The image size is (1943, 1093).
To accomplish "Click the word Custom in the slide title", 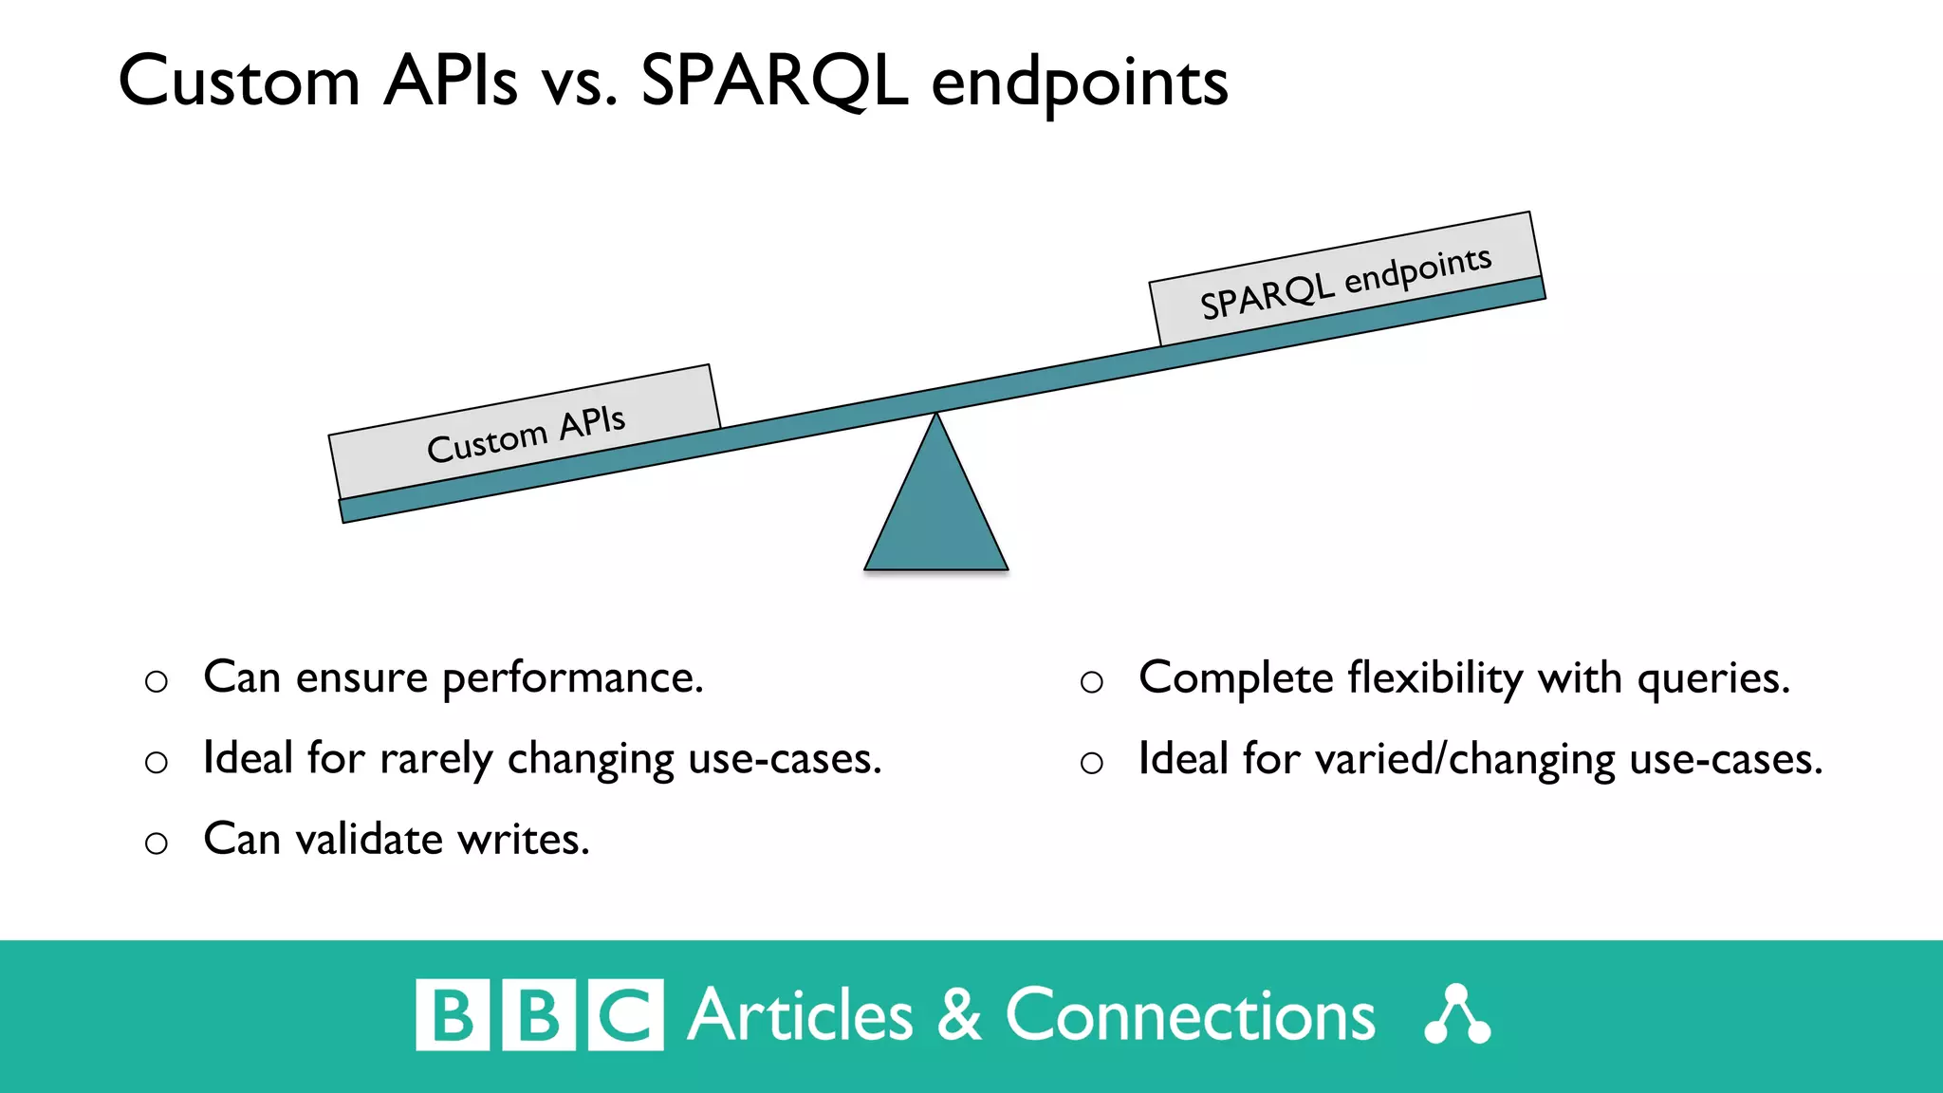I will (x=239, y=82).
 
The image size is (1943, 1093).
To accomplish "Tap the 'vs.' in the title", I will (x=579, y=83).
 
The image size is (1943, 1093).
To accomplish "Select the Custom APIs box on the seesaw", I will (x=525, y=432).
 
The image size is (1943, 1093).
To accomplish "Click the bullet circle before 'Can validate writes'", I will (x=157, y=843).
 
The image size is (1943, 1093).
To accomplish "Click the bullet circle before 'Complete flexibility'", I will (x=1092, y=681).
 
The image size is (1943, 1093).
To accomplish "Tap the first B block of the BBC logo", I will (x=453, y=1015).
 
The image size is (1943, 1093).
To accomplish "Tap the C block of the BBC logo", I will (x=625, y=1015).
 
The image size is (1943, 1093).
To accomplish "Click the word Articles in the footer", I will (x=800, y=1015).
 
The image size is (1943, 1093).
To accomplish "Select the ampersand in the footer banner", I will (x=959, y=1015).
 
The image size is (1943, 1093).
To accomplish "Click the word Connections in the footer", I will (x=1190, y=1015).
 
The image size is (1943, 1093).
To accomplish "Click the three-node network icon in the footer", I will (x=1457, y=1015).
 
